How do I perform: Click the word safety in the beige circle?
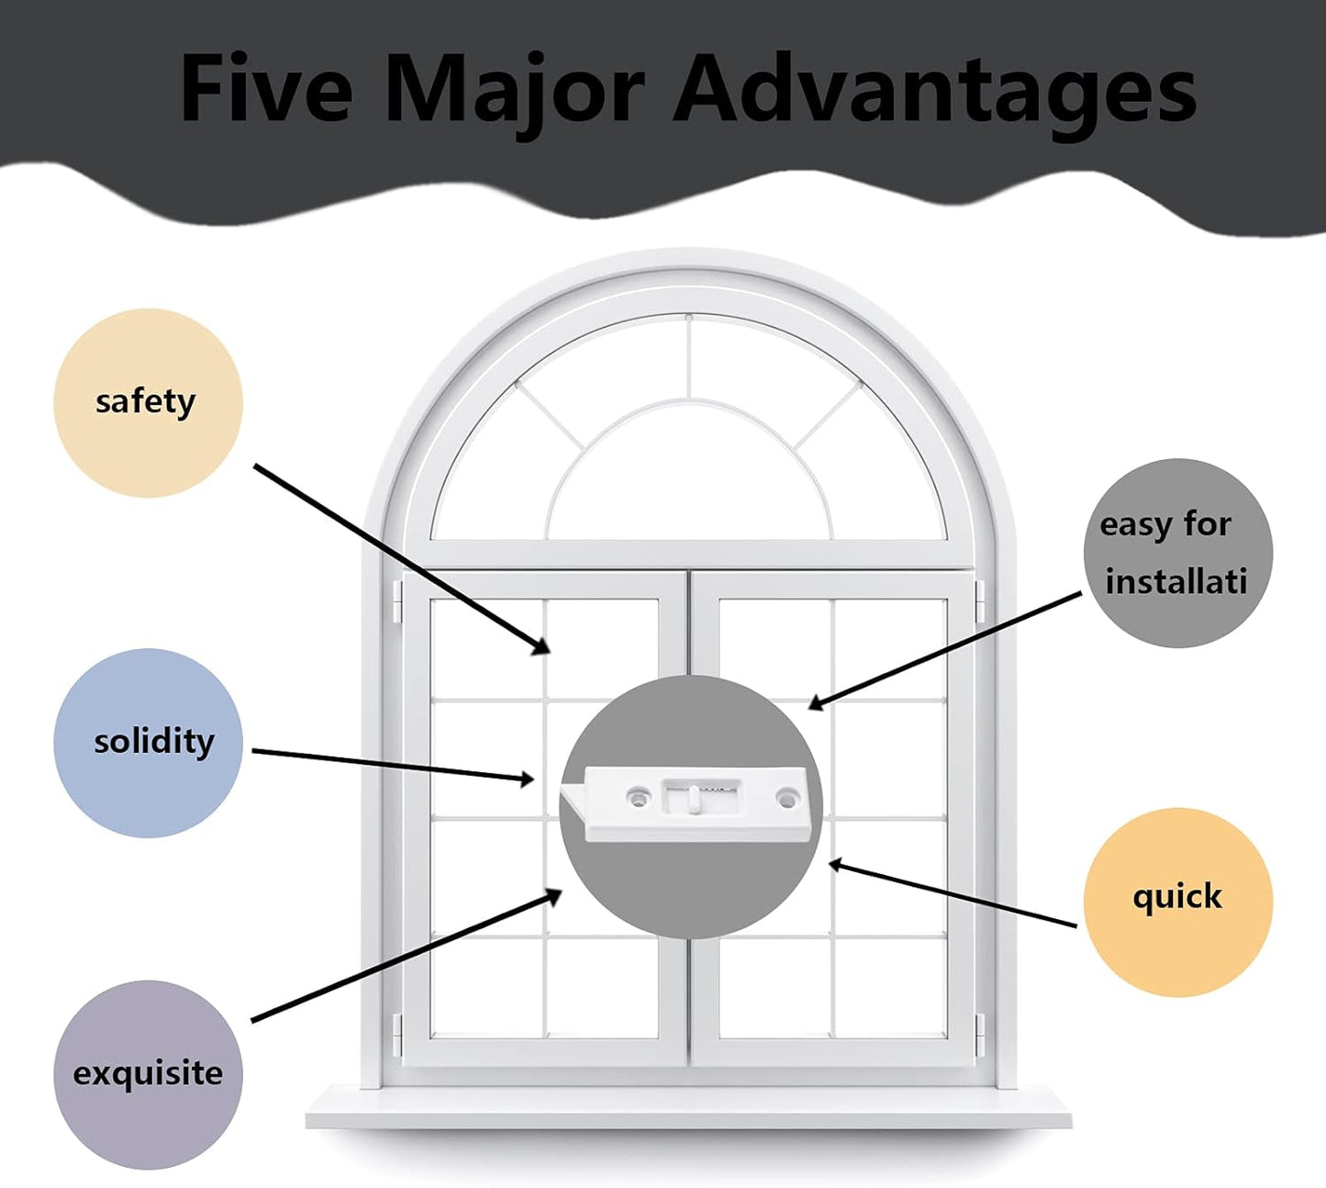coord(145,402)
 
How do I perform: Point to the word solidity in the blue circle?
coord(154,742)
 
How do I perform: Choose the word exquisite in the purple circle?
coord(148,1073)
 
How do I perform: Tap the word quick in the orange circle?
coord(1177,897)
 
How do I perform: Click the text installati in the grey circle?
coord(1176,581)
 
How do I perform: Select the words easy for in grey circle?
coord(1165,525)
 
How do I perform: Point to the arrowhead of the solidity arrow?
coord(526,779)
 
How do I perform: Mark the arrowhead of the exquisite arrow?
coord(553,896)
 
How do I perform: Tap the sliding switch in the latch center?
coord(693,800)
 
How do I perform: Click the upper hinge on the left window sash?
coord(396,600)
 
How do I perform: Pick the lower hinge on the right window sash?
coord(980,1035)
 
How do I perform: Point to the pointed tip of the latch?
coord(562,790)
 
